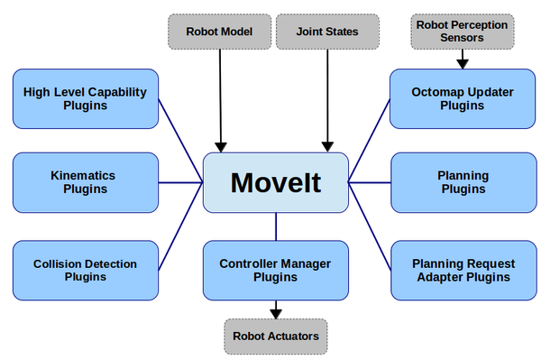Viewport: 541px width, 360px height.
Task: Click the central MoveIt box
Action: pos(275,182)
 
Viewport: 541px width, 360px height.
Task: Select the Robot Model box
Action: pos(219,32)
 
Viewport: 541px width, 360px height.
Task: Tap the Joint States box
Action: pos(327,32)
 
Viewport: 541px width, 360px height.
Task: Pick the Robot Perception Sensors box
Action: pos(462,32)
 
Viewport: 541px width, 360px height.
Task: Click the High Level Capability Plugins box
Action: pos(85,98)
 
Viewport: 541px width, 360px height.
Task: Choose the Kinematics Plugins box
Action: pos(85,182)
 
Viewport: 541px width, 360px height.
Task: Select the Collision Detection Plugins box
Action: pos(85,270)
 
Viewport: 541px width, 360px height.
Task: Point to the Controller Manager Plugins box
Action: pos(275,270)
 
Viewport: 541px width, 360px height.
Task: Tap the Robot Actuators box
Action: pos(275,336)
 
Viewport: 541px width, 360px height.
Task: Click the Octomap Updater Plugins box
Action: pos(462,98)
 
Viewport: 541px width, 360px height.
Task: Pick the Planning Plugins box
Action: pos(462,182)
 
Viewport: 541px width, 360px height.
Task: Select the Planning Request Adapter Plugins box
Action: pos(462,270)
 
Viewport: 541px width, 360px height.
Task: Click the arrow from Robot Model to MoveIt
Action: pos(220,99)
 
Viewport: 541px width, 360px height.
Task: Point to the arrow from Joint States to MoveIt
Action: pos(327,99)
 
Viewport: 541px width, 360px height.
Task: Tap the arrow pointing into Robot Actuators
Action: pos(275,309)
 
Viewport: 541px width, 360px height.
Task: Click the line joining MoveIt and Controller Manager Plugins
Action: pos(275,226)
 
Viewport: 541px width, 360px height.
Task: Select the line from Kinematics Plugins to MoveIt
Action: pos(179,182)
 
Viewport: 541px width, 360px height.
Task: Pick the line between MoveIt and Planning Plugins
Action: pos(370,182)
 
